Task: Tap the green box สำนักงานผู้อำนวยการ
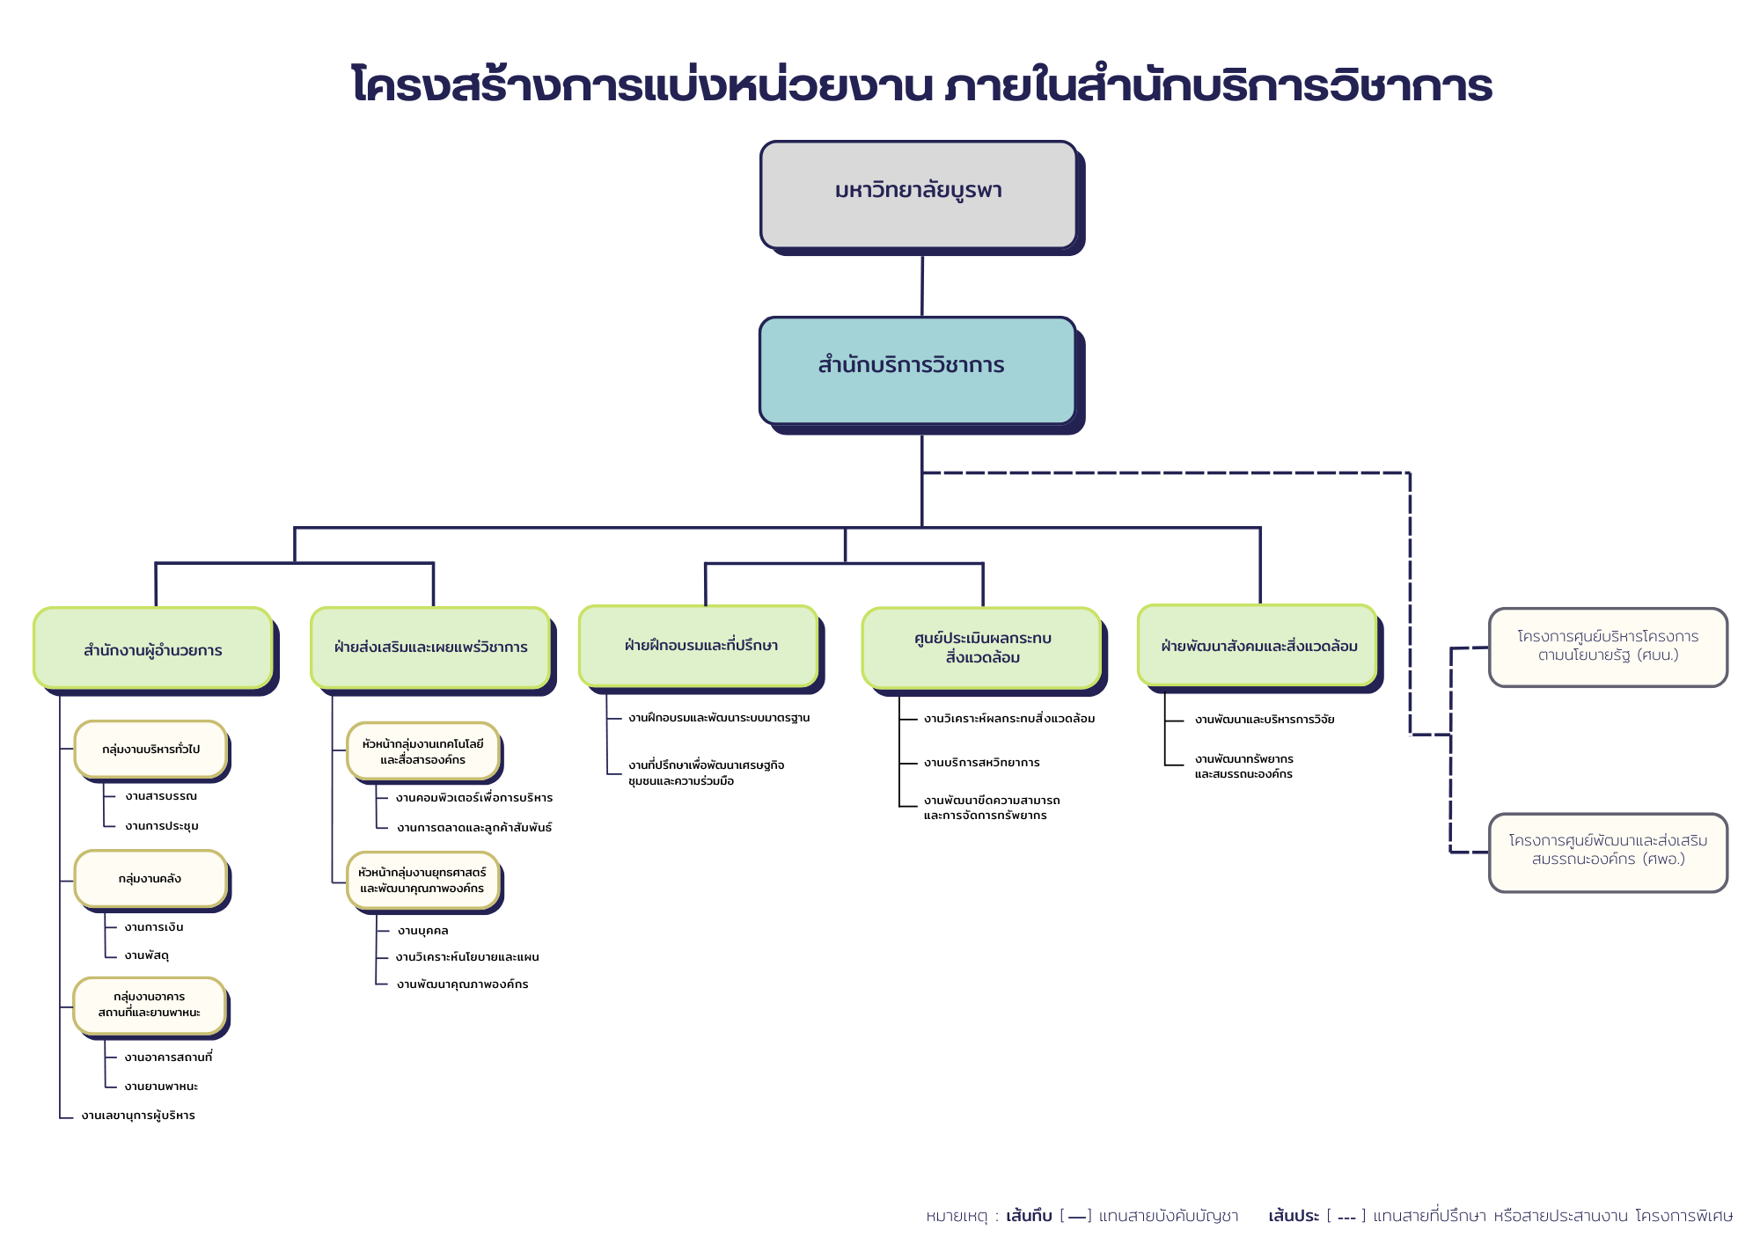(153, 648)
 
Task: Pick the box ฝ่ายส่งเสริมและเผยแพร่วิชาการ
(430, 648)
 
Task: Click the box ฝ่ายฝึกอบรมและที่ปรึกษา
(700, 646)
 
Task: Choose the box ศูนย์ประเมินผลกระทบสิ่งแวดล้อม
(981, 648)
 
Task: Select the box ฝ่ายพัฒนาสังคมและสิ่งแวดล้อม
(1258, 646)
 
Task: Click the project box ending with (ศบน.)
(1608, 647)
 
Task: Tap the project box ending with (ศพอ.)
(1608, 852)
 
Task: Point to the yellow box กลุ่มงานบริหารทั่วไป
(150, 749)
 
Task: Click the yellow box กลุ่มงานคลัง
(150, 878)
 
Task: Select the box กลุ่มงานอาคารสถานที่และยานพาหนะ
(150, 1005)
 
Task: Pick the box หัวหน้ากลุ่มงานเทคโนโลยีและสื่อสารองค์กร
(422, 751)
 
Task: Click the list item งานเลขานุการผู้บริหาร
(138, 1116)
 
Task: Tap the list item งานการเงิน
(154, 927)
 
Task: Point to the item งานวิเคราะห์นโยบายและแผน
(467, 957)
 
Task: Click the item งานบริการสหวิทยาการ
(981, 763)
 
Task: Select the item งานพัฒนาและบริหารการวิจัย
(1265, 720)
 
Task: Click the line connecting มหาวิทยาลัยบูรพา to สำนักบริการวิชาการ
(921, 285)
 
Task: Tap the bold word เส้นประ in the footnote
(1293, 1216)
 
